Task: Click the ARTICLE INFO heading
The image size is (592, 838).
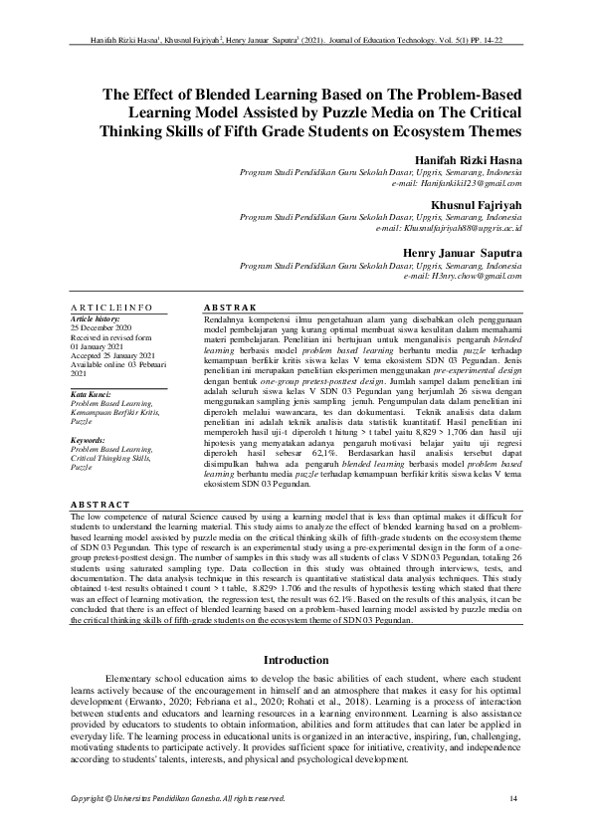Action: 109,308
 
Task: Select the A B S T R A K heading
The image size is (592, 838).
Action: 229,308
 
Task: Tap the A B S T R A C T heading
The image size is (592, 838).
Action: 103,505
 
